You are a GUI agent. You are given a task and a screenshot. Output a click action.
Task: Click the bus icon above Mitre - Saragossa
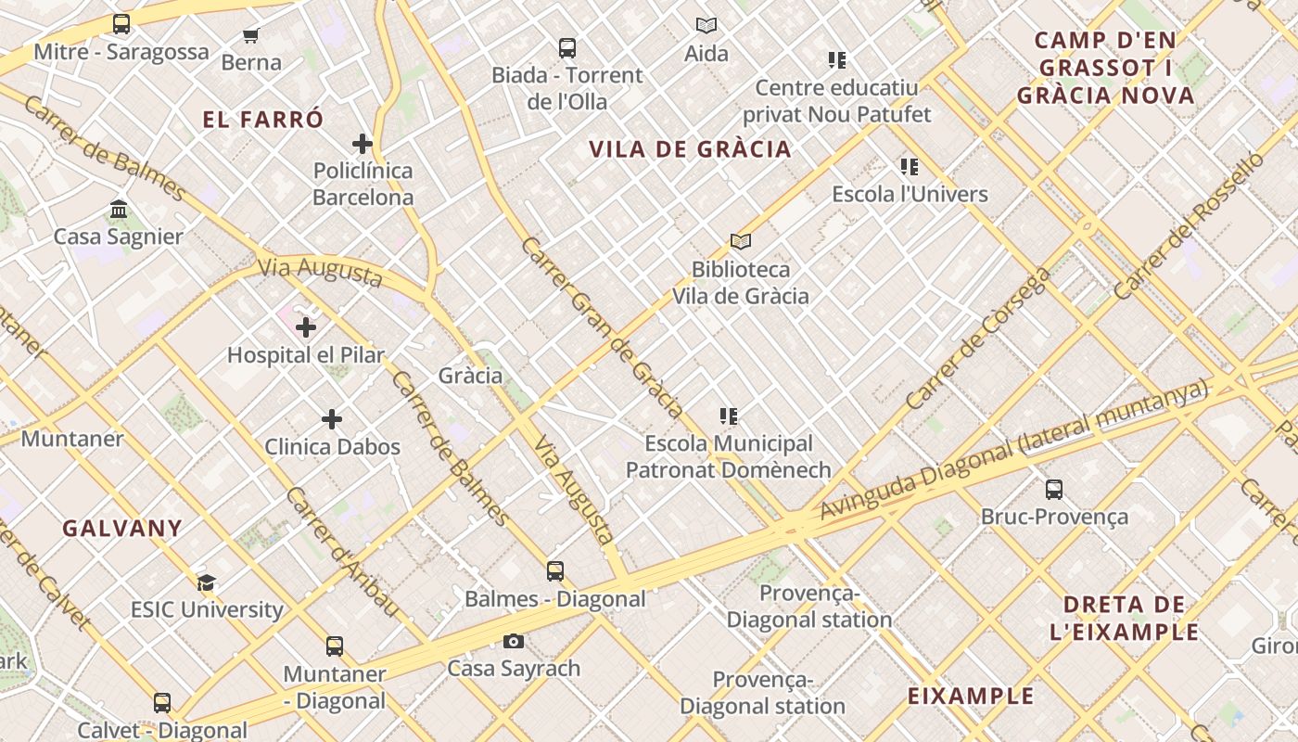tap(121, 24)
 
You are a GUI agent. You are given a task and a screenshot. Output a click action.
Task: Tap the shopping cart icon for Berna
tap(250, 36)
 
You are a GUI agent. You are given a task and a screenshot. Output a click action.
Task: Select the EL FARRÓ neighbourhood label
tap(263, 120)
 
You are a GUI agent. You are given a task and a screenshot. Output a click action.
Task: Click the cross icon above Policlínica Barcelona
tap(363, 144)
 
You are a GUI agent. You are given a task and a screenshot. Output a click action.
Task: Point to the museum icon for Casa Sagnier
tap(119, 210)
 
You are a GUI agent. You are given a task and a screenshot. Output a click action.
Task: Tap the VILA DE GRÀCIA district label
tap(690, 149)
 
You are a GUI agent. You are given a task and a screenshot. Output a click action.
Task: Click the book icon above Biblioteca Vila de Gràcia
tap(740, 242)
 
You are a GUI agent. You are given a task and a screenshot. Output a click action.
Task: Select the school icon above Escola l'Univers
tap(910, 167)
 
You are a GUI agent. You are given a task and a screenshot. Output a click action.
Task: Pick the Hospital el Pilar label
tap(305, 354)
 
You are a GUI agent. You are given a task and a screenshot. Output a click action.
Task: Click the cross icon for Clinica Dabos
tap(332, 419)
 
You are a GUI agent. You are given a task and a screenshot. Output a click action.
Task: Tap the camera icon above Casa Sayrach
tap(514, 641)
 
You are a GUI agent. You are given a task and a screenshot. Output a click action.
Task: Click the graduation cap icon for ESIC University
tap(206, 582)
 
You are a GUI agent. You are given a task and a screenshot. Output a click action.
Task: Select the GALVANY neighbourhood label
tap(122, 529)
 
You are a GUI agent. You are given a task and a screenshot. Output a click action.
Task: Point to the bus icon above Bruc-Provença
tap(1054, 490)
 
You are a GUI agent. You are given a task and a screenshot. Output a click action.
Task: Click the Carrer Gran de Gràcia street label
tap(602, 327)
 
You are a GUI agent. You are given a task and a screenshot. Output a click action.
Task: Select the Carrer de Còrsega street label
tap(978, 339)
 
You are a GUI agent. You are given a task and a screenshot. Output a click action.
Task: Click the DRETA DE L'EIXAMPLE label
tap(1124, 619)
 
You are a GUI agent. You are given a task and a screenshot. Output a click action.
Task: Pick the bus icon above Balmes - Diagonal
tap(554, 571)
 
